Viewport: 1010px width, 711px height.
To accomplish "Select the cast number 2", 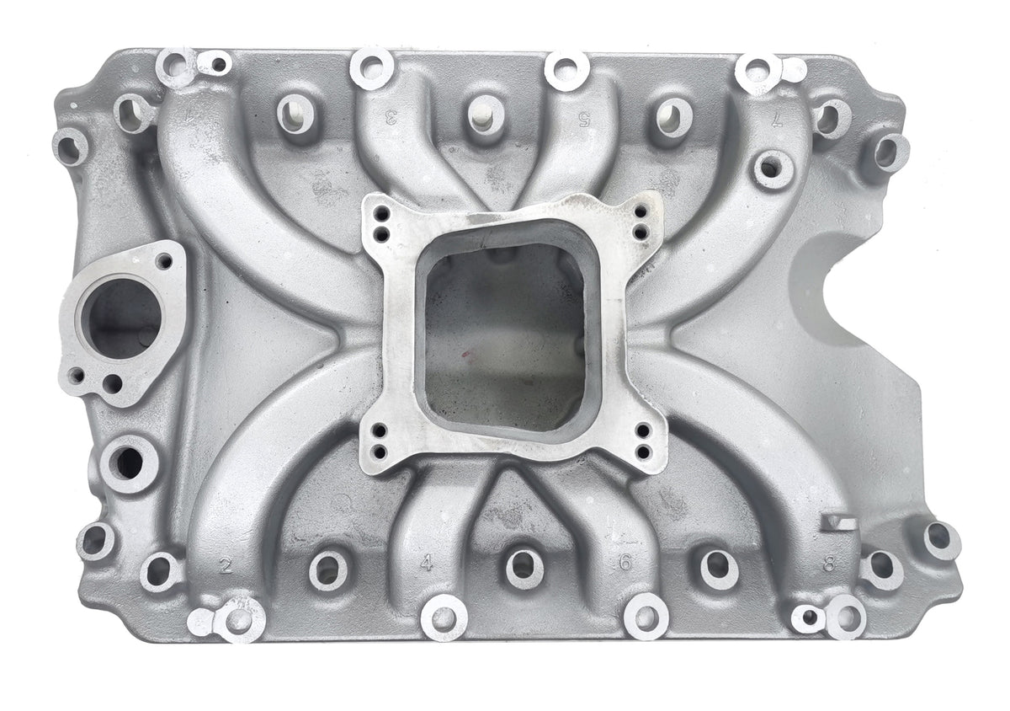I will pos(224,564).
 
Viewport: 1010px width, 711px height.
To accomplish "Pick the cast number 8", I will pos(829,563).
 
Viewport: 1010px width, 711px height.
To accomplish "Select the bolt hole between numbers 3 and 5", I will pos(485,113).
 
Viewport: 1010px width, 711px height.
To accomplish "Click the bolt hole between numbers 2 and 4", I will pos(328,569).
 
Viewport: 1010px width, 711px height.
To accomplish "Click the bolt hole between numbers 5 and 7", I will pos(674,115).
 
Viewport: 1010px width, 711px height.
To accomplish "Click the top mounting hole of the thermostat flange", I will pos(164,260).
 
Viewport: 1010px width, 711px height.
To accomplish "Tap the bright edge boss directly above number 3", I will pos(372,67).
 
